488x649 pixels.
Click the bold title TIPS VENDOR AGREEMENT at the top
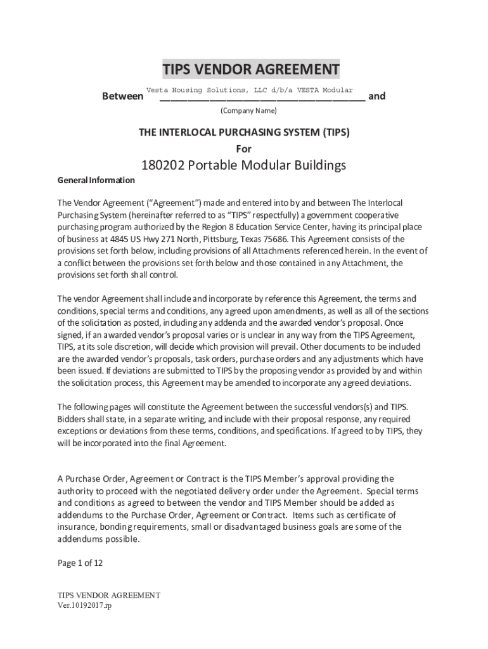pos(250,69)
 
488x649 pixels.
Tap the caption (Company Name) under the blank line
pos(248,111)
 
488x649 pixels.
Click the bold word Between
pos(122,97)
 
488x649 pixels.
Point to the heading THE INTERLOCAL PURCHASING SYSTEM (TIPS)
pos(244,132)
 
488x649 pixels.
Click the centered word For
pos(244,149)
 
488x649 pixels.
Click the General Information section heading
pos(96,181)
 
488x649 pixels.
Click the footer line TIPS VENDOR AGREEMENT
pos(109,596)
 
